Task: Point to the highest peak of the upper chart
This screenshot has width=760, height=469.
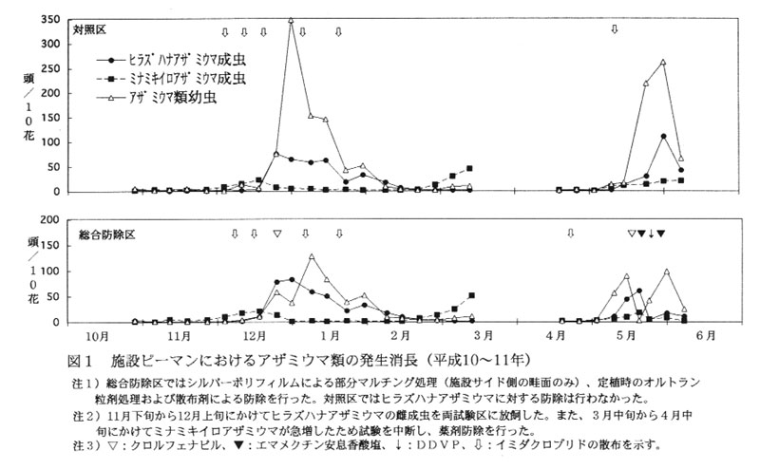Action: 291,20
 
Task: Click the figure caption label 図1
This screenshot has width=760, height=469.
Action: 81,362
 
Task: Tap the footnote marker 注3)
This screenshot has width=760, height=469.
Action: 85,444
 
